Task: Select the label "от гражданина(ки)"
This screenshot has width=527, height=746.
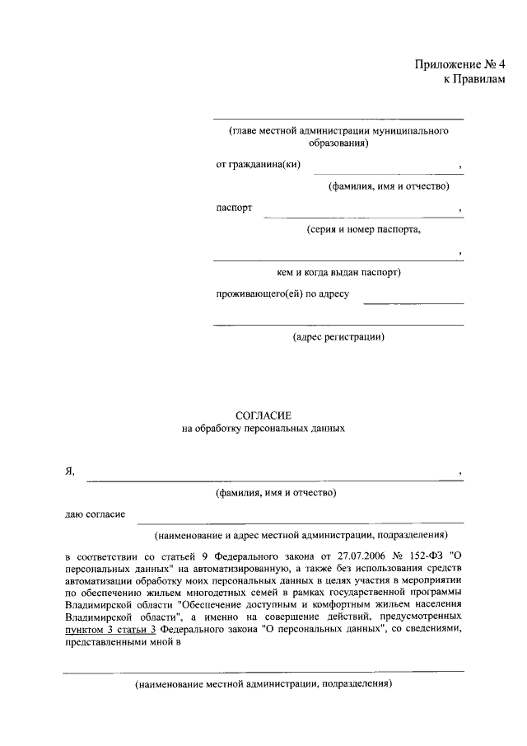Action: point(258,165)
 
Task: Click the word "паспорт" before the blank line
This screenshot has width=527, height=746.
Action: point(234,208)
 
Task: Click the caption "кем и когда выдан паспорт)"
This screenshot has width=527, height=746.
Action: point(338,272)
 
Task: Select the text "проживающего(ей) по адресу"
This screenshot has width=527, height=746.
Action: point(283,293)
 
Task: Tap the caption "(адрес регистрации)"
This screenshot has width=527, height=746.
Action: point(338,336)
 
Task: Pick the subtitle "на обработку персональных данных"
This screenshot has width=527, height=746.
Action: point(263,429)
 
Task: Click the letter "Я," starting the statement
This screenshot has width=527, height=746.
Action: point(70,471)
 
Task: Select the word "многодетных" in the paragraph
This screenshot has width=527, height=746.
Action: point(224,593)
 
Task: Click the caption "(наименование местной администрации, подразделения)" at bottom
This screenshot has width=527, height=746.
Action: point(263,684)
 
